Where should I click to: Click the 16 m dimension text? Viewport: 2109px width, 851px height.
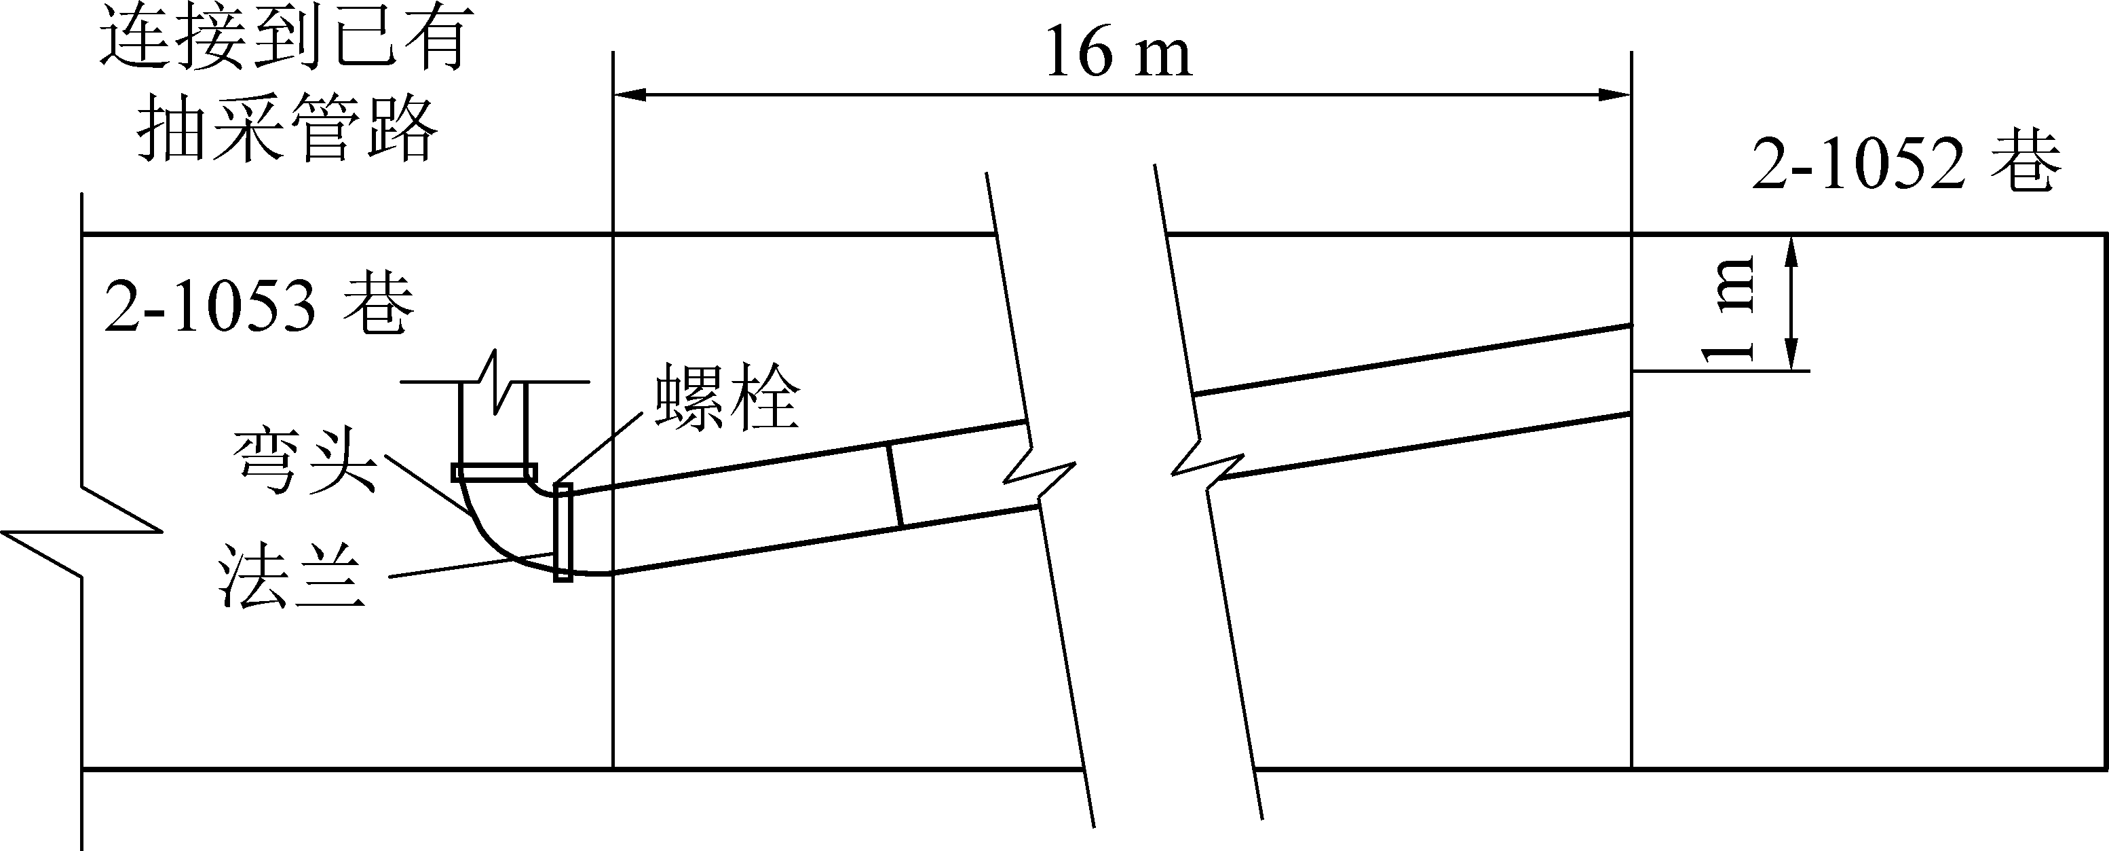[1118, 52]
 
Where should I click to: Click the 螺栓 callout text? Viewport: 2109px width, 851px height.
[725, 399]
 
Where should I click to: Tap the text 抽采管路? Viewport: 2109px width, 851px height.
[286, 127]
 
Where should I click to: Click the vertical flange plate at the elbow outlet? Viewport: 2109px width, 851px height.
[563, 532]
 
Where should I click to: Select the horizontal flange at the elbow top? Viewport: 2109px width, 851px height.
[494, 472]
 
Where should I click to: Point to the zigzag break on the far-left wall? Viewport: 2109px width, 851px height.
[82, 532]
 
